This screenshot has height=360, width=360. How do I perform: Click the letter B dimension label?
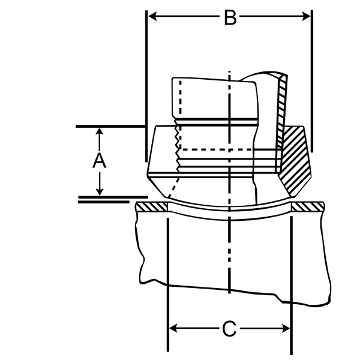(230, 17)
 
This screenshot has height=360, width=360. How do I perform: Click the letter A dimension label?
(99, 160)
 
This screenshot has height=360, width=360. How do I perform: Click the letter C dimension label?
(229, 329)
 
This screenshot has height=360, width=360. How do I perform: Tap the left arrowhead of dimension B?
(152, 17)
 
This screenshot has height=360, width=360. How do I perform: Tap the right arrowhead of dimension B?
(306, 17)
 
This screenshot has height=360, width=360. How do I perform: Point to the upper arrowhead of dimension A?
(99, 131)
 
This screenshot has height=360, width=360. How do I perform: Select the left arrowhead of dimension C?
(173, 328)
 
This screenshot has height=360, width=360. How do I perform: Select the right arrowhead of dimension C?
(286, 329)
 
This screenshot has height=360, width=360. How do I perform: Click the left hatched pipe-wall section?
(152, 206)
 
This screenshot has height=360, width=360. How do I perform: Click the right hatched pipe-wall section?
(308, 206)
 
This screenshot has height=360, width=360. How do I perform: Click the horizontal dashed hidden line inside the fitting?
(217, 149)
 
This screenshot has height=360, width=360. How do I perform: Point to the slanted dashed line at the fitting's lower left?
(174, 187)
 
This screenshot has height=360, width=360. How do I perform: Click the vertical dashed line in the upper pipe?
(181, 115)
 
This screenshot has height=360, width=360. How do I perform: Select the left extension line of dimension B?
(146, 86)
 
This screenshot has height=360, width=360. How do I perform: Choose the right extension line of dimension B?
(312, 81)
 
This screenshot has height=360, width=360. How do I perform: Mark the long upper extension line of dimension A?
(110, 126)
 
